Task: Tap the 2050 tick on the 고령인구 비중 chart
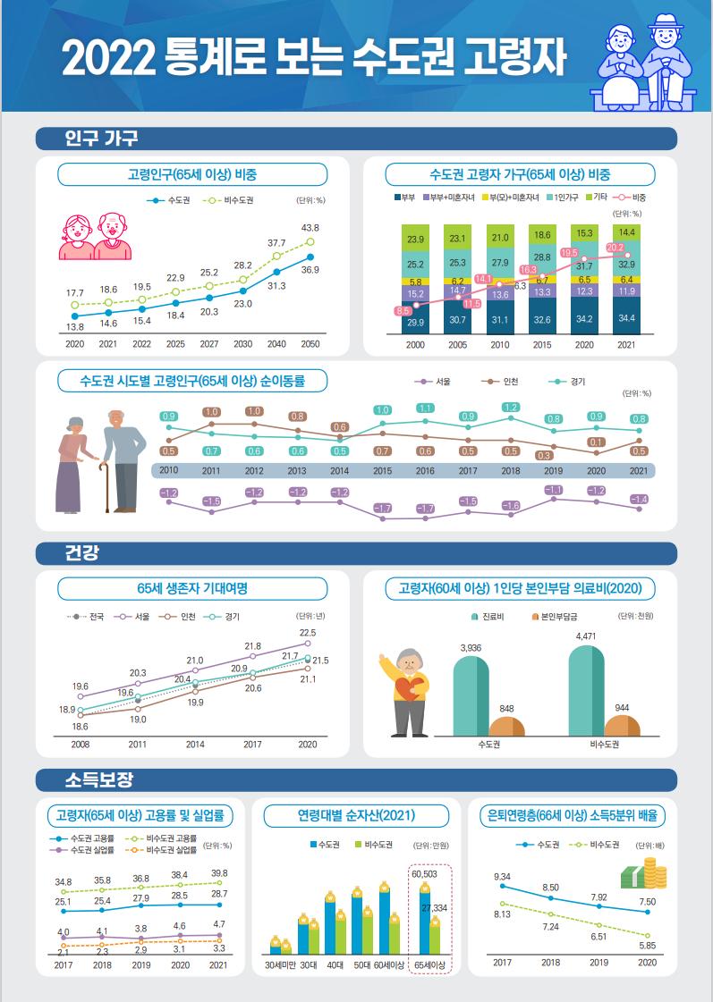(x=310, y=343)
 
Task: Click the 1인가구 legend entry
(x=564, y=197)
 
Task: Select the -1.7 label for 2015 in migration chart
(x=382, y=508)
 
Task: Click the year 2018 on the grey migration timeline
(x=511, y=470)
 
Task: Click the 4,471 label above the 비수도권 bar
(x=586, y=636)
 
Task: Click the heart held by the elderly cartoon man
(x=410, y=690)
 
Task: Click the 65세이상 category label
(x=430, y=965)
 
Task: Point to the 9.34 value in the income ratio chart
(x=503, y=876)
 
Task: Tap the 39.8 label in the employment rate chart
(x=218, y=872)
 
